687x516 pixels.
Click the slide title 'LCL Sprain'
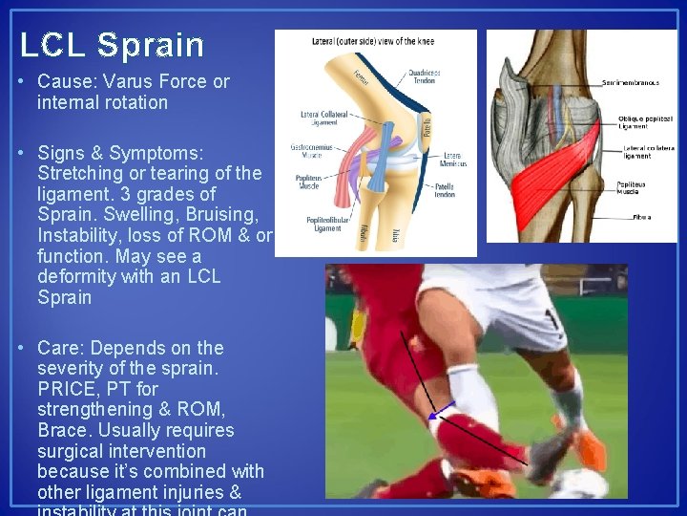point(112,45)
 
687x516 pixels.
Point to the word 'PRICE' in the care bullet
point(66,389)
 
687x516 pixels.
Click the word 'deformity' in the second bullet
point(73,277)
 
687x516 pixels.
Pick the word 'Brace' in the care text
point(62,430)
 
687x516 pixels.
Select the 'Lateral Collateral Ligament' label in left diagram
point(323,117)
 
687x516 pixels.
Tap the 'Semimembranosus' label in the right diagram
point(630,83)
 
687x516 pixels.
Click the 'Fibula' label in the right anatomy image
point(641,217)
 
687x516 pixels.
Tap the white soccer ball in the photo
point(582,484)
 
